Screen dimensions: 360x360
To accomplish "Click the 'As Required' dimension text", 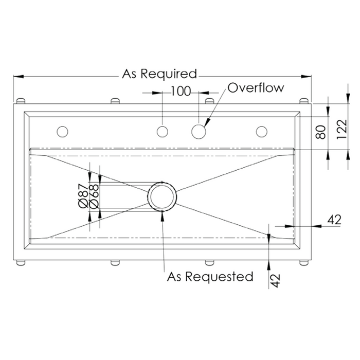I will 159,74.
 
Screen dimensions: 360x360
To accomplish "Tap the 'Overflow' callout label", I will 256,87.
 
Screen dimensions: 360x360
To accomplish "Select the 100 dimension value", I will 180,92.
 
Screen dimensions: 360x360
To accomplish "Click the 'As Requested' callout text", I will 210,277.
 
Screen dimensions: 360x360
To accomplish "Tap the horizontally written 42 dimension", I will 334,220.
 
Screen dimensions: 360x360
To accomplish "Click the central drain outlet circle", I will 163,196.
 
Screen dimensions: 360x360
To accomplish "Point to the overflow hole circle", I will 198,132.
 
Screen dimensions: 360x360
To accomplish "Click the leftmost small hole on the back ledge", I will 63,132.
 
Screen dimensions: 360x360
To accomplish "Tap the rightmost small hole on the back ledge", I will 262,132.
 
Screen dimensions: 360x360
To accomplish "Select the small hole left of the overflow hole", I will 163,132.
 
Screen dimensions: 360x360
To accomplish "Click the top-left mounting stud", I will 22,100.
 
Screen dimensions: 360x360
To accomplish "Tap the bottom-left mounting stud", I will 22,263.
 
